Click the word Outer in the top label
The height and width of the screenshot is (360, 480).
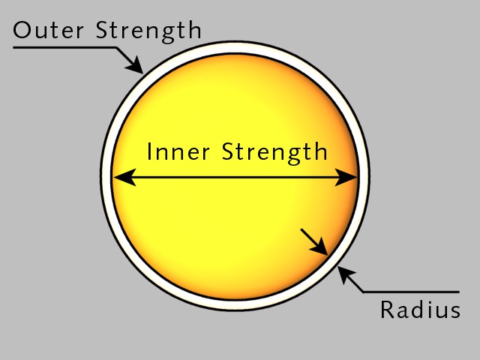click(x=48, y=30)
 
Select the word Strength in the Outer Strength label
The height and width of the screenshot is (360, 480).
click(x=148, y=31)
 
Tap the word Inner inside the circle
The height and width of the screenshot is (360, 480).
click(x=178, y=151)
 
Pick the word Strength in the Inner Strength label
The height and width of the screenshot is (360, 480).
click(x=274, y=153)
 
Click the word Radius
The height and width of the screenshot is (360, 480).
click(x=420, y=310)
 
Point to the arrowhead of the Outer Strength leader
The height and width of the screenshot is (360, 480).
click(x=136, y=66)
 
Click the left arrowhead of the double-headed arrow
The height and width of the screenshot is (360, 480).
click(x=124, y=177)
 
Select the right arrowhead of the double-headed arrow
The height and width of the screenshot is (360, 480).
click(x=346, y=177)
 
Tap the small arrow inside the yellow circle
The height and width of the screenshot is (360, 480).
click(x=314, y=241)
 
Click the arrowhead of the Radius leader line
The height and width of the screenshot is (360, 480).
click(x=345, y=274)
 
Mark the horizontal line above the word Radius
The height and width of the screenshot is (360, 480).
click(x=411, y=292)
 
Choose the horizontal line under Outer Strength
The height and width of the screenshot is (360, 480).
click(x=65, y=47)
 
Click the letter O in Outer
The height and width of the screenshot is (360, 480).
click(x=22, y=30)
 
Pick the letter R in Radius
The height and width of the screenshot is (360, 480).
click(x=387, y=310)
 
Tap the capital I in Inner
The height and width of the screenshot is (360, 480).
click(x=149, y=151)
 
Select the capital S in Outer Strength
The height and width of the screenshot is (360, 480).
click(x=102, y=30)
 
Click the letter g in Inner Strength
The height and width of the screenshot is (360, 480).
click(x=293, y=156)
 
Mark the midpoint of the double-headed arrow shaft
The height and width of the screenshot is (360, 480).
click(x=235, y=177)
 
